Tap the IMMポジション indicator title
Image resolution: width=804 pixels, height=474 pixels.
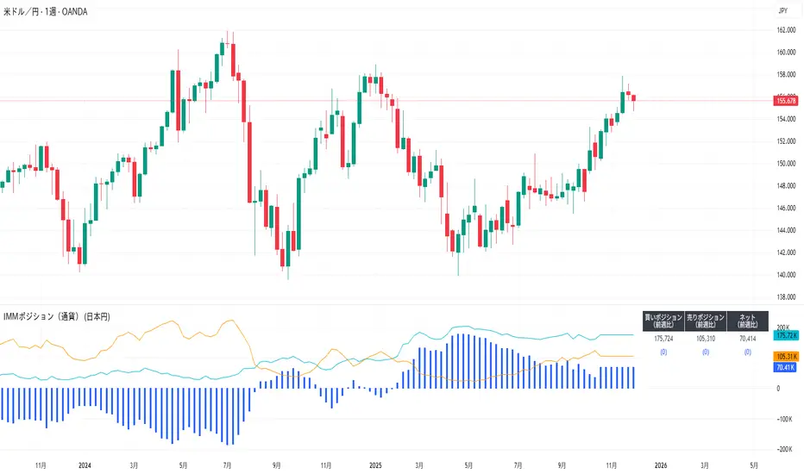[60, 316]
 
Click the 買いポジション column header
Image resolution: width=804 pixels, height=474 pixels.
[663, 321]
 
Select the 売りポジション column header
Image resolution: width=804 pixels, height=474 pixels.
[706, 321]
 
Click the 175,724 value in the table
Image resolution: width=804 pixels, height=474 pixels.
[663, 339]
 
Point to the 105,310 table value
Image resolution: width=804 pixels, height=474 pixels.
[706, 339]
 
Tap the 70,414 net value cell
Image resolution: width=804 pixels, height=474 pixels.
[748, 339]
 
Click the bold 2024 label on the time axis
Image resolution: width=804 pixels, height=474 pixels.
[85, 465]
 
